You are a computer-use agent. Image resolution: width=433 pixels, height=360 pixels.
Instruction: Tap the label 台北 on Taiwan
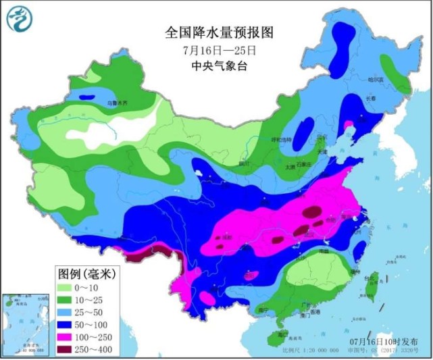371,278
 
